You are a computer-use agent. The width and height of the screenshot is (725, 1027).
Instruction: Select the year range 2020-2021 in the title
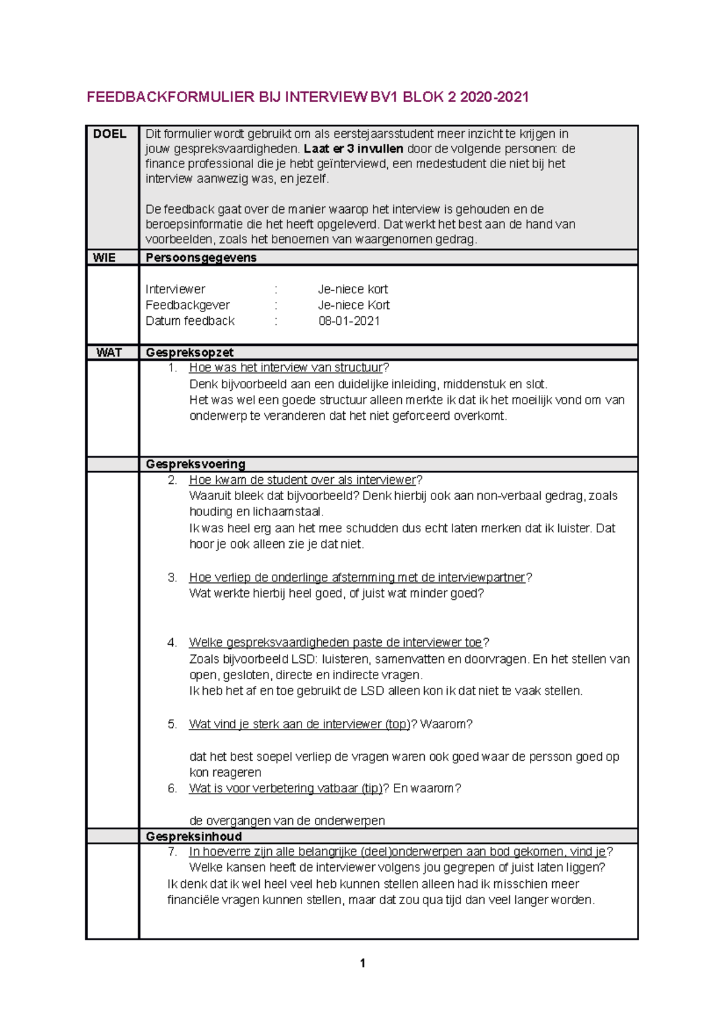pos(494,97)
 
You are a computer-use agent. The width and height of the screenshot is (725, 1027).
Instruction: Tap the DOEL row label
pos(109,134)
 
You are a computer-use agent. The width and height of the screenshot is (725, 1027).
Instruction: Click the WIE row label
pos(104,258)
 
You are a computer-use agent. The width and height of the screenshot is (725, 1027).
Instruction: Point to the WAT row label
pos(109,353)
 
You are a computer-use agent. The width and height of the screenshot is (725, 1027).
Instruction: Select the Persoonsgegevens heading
pos(201,258)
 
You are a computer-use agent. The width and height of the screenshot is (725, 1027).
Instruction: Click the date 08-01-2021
pos(349,321)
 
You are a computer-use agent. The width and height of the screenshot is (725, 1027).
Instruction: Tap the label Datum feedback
pos(190,321)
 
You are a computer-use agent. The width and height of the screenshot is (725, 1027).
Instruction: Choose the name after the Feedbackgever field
pos(353,305)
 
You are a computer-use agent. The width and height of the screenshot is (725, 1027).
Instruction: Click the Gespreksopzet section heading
pos(189,353)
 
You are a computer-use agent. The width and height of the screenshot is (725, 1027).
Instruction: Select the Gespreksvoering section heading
pos(195,465)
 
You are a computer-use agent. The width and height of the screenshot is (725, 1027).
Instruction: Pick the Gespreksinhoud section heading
pos(193,836)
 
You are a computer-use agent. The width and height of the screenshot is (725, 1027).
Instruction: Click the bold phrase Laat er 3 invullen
pos(353,149)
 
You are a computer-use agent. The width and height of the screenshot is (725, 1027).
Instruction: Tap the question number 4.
pos(172,642)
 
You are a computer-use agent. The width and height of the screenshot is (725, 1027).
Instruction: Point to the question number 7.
pos(172,852)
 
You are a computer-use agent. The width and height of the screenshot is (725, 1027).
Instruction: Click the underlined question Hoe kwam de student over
pos(302,480)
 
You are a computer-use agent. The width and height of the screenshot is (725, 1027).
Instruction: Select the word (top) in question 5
pos(398,724)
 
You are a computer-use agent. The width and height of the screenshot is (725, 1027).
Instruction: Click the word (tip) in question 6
pos(372,788)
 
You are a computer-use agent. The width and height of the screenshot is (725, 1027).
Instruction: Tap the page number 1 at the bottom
pos(362,963)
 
